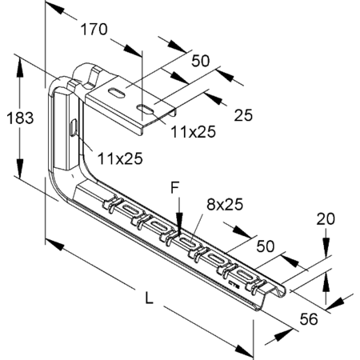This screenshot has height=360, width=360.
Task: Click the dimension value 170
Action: tap(94, 30)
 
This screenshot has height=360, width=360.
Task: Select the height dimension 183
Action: tap(20, 118)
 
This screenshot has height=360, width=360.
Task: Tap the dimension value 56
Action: tap(309, 319)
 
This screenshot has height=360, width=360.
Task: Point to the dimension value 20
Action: tap(326, 219)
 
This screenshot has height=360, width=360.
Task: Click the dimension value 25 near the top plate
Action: tap(243, 115)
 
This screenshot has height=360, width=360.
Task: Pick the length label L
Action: tap(150, 298)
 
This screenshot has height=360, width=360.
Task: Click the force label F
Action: tap(174, 188)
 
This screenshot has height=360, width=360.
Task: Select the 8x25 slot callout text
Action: tap(225, 205)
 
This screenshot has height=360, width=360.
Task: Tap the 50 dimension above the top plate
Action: tap(201, 61)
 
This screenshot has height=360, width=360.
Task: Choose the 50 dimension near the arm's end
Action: tap(266, 246)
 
